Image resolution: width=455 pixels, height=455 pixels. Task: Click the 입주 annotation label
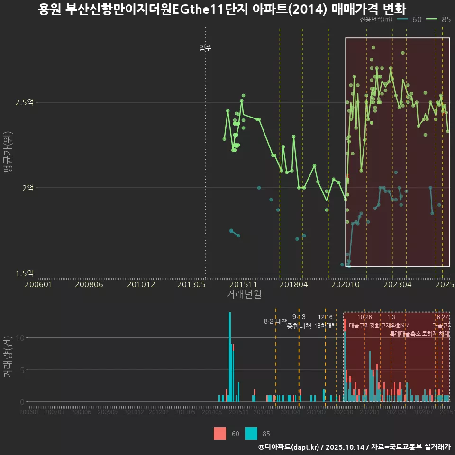pyautogui.click(x=205, y=47)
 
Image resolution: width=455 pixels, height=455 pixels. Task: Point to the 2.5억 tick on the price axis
pyautogui.click(x=28, y=102)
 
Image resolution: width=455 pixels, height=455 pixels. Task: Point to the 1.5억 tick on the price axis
pyautogui.click(x=28, y=273)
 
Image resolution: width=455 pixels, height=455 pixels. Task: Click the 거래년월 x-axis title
pyautogui.click(x=244, y=294)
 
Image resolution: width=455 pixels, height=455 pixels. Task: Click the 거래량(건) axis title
pyautogui.click(x=8, y=357)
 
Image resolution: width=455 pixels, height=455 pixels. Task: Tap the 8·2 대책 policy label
pyautogui.click(x=276, y=321)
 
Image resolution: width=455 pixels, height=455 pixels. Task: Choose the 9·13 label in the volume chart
pyautogui.click(x=299, y=317)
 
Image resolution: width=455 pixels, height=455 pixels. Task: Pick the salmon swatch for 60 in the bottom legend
pyautogui.click(x=220, y=433)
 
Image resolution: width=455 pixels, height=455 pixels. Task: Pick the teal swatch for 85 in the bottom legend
pyautogui.click(x=251, y=433)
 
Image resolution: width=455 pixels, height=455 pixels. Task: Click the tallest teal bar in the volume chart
pyautogui.click(x=230, y=357)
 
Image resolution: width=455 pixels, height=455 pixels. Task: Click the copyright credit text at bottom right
pyautogui.click(x=354, y=447)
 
